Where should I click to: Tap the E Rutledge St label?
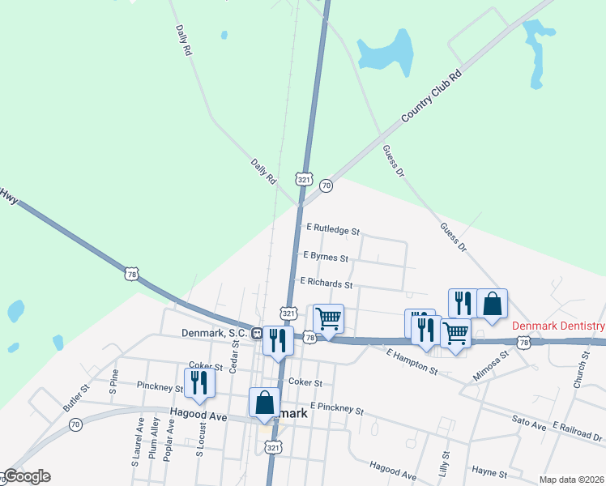pos(332,231)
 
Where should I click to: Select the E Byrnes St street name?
pos(325,258)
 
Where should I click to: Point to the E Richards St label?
pos(326,284)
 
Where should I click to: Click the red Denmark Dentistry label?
pos(558,326)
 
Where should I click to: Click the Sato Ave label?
pos(531,420)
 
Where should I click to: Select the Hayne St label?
pos(490,473)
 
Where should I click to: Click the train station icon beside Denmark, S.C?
pos(256,333)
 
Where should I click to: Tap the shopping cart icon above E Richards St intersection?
pos(328,318)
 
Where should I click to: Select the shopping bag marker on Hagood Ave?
pos(264,403)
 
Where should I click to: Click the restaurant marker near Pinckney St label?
pos(199,382)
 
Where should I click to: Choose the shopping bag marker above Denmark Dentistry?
pos(492,303)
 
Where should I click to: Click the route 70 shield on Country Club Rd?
pos(326,185)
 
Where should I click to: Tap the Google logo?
pos(27,476)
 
